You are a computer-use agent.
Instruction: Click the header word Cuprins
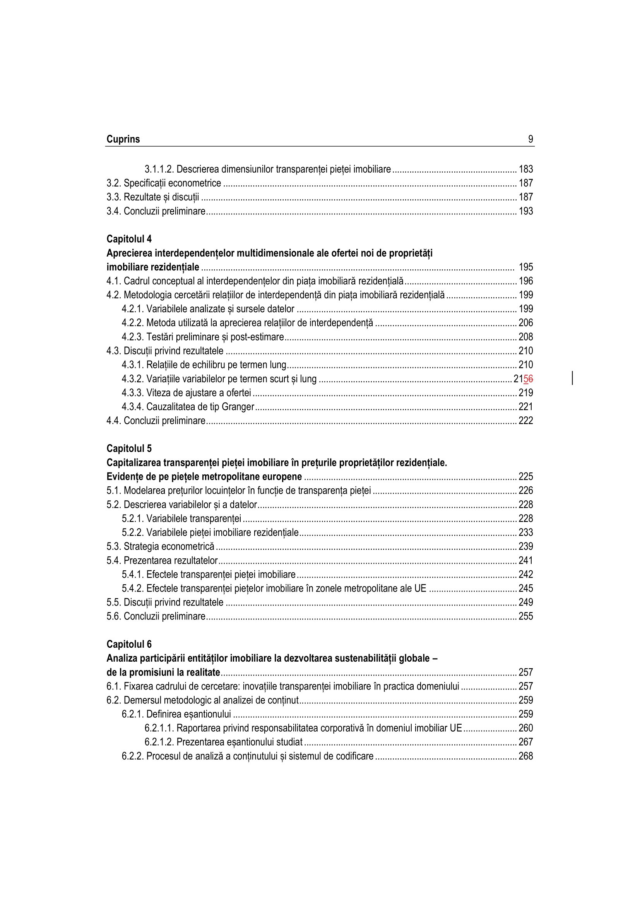pos(123,139)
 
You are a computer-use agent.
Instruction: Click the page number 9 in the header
pos(530,139)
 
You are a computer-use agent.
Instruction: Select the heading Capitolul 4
pos(129,239)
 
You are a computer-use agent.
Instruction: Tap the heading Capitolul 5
pos(129,448)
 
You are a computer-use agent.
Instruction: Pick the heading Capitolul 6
pos(129,644)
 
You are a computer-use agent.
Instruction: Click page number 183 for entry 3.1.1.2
pos(526,169)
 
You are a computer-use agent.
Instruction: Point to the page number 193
pos(526,211)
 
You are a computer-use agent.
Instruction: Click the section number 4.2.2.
pos(133,323)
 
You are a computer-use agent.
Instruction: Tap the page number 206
pos(526,323)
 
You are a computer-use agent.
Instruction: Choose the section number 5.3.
pos(114,547)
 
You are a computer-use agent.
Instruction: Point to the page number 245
pos(526,589)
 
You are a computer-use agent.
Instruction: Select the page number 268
pos(526,756)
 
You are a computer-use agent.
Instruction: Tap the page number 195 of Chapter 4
pos(526,267)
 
